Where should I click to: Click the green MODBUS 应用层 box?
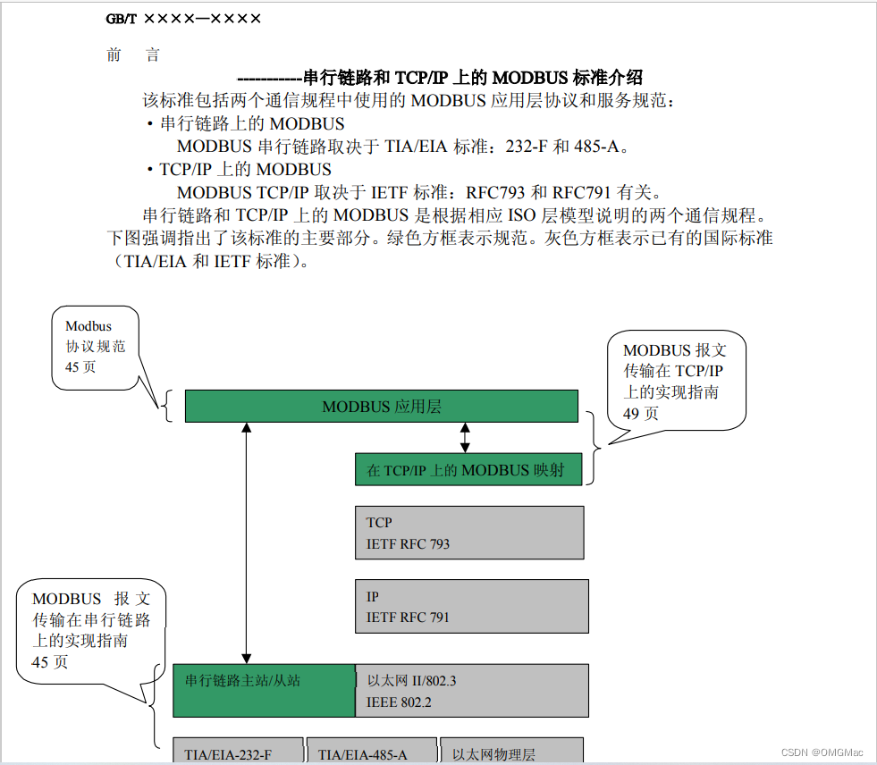tap(382, 407)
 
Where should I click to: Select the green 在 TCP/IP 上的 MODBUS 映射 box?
tap(468, 469)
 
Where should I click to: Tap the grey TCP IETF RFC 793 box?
tap(469, 533)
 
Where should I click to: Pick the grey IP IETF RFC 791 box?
tap(472, 606)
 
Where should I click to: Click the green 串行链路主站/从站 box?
tap(264, 690)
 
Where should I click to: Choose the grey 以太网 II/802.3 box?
tap(472, 691)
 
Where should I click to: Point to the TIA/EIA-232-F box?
tap(238, 752)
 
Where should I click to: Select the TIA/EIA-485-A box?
tap(372, 752)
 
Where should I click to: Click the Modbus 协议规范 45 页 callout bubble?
tap(101, 347)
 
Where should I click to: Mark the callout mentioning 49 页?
tap(674, 381)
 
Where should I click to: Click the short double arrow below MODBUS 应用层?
tap(465, 437)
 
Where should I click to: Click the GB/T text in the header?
tap(121, 18)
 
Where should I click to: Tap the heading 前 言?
tap(133, 55)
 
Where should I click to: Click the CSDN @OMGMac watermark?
tap(823, 752)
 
